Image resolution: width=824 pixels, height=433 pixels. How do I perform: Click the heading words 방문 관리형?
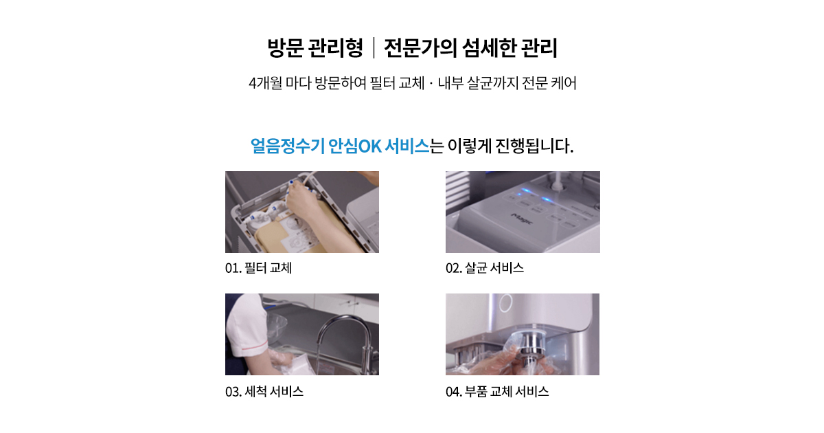[x=315, y=48]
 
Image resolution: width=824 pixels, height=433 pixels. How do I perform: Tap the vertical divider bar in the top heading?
[x=374, y=48]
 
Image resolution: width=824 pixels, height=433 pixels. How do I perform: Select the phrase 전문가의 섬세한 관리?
[x=471, y=48]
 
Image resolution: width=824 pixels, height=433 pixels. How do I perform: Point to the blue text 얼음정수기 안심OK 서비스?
[x=340, y=146]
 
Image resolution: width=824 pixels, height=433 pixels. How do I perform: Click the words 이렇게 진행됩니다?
[x=511, y=146]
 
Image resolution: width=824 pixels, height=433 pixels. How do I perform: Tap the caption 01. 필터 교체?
[x=259, y=267]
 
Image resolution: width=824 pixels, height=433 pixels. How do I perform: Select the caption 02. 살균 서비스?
[x=485, y=267]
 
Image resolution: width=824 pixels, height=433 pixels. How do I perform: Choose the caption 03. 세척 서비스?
[x=264, y=391]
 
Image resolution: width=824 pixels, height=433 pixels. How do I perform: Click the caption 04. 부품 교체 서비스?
[x=497, y=391]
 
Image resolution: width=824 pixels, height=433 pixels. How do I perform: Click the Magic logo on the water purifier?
[x=523, y=219]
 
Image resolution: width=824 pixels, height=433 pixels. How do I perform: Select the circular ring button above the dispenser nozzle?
[x=505, y=302]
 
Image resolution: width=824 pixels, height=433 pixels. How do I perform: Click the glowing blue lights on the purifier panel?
[x=534, y=196]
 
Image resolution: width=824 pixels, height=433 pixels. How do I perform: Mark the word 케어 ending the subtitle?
[x=564, y=83]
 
